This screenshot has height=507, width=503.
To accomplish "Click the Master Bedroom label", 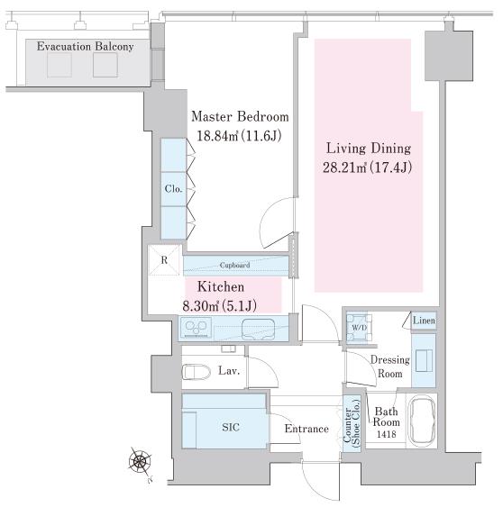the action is coord(240,117).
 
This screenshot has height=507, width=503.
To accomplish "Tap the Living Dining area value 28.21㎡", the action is coord(344,167).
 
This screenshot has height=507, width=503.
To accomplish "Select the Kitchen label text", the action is coord(221,286).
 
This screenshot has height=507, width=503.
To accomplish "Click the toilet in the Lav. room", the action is coord(197,372).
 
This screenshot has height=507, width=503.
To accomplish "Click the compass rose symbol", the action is coord(140,460).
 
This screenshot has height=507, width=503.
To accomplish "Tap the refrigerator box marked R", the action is coord(164,260).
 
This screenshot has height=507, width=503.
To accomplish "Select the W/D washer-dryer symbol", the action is coord(359,327).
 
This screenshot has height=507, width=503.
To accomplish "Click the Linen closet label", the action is coord(424,321).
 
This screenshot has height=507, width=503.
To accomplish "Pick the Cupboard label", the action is coord(234,265).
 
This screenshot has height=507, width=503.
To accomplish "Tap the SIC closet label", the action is coord(231,428).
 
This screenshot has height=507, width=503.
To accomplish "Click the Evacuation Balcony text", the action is coord(85,47).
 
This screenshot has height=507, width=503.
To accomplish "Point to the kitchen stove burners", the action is coord(197,327).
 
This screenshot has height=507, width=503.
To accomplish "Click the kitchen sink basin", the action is coord(259,329).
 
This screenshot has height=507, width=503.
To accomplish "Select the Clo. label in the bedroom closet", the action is coord(173,188).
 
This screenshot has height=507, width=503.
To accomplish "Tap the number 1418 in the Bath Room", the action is coord(387,434).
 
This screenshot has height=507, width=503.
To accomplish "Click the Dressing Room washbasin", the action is coord(424,360).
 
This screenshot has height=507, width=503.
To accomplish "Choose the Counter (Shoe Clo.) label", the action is coord(352,423).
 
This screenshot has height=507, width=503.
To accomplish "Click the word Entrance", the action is coord(306,429).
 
